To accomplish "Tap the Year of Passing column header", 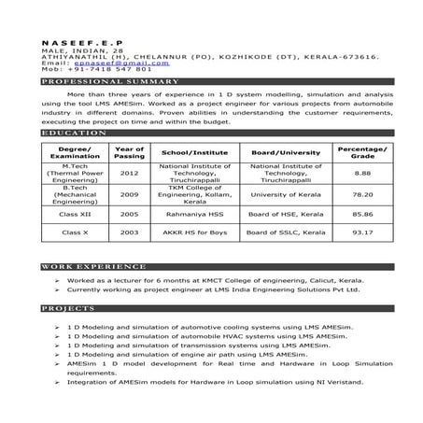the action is pyautogui.click(x=129, y=152).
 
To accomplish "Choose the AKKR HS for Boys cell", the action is pyautogui.click(x=189, y=232).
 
